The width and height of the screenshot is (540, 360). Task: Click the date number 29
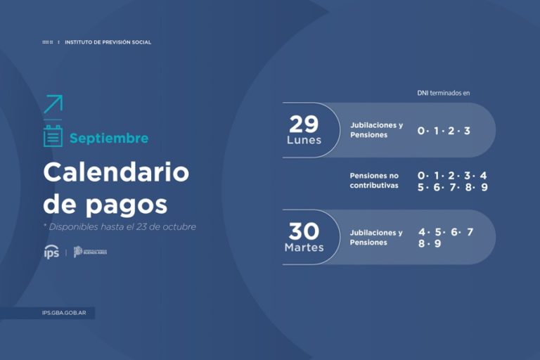click(304, 124)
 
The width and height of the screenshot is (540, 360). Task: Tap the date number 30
click(304, 231)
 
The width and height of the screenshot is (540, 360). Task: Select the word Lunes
click(304, 140)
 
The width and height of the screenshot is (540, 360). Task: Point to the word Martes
click(304, 247)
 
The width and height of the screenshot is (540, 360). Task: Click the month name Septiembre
click(109, 139)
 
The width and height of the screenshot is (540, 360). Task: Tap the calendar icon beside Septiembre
click(53, 136)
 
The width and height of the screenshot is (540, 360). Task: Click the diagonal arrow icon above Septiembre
click(53, 104)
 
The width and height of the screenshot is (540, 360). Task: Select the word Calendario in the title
click(116, 172)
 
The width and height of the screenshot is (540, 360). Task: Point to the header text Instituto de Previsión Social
click(108, 42)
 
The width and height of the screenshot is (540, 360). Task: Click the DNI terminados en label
click(443, 93)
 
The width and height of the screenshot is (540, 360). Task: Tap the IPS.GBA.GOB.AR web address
click(64, 314)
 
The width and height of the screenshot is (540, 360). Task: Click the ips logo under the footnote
click(51, 252)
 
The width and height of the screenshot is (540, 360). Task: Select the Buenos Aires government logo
click(91, 252)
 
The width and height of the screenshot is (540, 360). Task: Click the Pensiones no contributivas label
click(375, 180)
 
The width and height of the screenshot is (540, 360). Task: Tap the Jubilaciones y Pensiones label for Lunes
click(376, 130)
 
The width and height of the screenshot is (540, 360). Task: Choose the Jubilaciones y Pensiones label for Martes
click(376, 237)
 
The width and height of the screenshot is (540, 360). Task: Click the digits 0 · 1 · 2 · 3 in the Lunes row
click(444, 131)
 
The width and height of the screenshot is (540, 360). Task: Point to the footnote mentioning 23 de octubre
click(120, 226)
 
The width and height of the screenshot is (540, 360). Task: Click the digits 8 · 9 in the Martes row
click(430, 243)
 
